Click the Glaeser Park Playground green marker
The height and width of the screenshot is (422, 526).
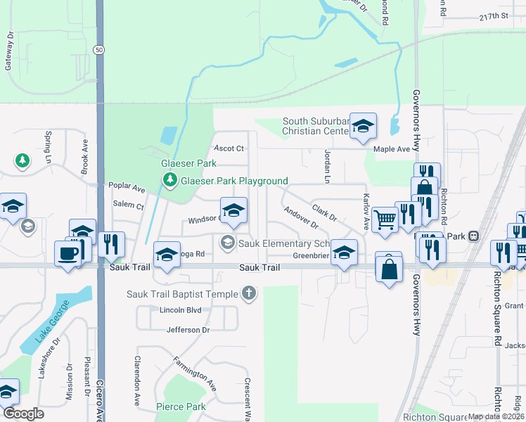tap(169, 181)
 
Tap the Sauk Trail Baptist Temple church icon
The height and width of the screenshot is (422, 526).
tap(248, 293)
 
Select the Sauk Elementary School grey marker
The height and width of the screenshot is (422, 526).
tap(227, 243)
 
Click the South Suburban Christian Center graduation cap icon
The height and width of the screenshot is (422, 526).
tap(363, 126)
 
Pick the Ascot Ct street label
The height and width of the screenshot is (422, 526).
tap(229, 148)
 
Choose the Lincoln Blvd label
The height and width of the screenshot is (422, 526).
tap(181, 310)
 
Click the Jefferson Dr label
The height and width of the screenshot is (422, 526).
tap(188, 329)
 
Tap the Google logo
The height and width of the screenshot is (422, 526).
tap(23, 414)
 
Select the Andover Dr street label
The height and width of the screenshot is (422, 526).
tap(302, 218)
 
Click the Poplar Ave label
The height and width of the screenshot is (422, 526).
tap(127, 188)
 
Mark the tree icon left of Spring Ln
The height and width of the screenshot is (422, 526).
tap(23, 161)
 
